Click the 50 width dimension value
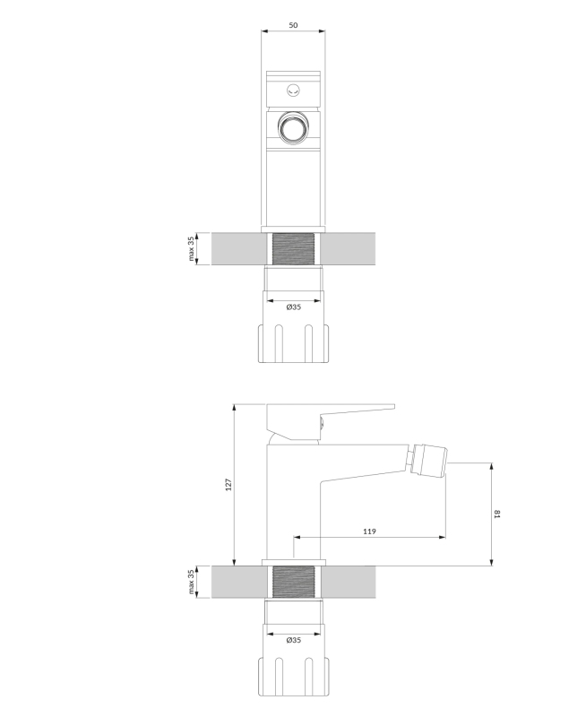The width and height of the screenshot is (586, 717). tap(293, 25)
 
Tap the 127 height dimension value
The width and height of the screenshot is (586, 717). tap(228, 485)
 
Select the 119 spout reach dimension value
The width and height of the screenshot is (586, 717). tap(369, 531)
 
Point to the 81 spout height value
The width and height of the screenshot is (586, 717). tap(497, 514)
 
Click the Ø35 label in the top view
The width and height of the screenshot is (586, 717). tap(294, 307)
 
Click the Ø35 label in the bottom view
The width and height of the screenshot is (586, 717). tap(294, 640)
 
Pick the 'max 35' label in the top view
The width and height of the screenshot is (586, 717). tap(191, 249)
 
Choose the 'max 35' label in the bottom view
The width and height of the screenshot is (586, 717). tap(191, 582)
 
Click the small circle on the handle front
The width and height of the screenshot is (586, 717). tap(294, 91)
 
